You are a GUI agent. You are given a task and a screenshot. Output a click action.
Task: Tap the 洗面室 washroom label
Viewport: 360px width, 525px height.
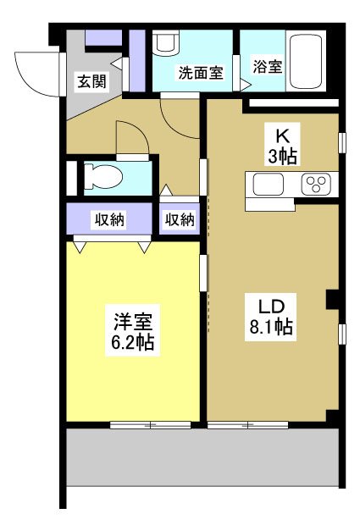200,73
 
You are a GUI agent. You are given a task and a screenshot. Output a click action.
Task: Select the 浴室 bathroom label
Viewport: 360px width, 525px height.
268,66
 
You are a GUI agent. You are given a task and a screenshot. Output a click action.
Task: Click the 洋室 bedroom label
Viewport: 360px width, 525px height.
133,323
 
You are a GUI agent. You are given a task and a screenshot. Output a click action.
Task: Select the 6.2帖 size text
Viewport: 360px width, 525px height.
133,344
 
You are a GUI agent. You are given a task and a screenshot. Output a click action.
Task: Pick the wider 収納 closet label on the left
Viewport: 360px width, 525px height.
108,220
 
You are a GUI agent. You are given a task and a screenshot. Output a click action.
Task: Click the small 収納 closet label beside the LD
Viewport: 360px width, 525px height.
180,220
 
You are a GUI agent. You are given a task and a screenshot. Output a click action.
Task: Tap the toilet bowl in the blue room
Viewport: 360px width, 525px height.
105,178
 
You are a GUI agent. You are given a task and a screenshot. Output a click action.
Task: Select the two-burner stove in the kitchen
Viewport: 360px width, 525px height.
317,185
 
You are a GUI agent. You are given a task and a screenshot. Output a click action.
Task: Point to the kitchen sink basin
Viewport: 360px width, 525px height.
269,185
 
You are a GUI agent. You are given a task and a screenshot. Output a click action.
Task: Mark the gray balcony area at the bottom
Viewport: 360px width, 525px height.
203,456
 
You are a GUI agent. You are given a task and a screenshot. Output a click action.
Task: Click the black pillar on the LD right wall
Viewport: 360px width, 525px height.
333,299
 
